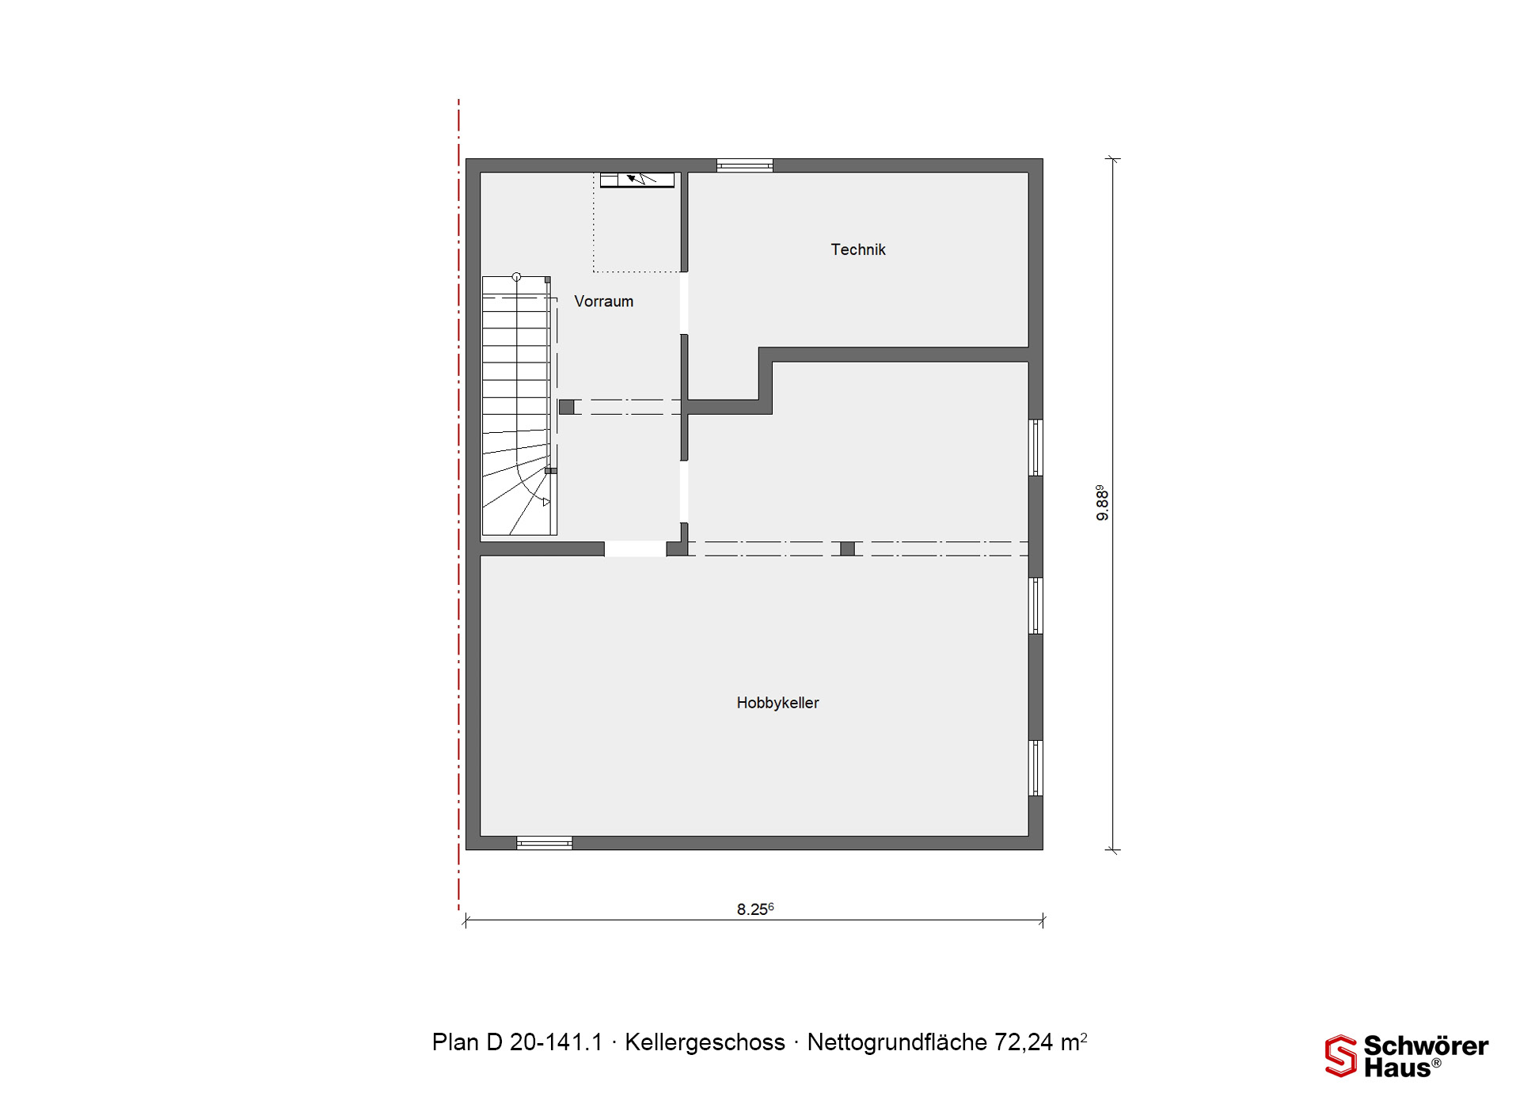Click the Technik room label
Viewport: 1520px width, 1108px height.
(x=858, y=250)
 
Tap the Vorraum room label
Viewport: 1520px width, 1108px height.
(x=604, y=302)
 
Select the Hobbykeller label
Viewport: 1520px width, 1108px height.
(x=777, y=703)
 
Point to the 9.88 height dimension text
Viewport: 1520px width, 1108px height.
(x=1101, y=503)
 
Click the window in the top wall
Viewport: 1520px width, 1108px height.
(x=745, y=165)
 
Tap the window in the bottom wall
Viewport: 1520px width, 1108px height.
(x=545, y=844)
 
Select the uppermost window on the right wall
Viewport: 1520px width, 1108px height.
(x=1035, y=447)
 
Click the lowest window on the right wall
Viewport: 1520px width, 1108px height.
(x=1035, y=768)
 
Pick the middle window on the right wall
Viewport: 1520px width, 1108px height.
(x=1035, y=605)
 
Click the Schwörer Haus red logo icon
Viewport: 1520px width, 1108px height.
(x=1341, y=1056)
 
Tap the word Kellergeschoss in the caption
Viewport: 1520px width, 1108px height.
(x=705, y=1042)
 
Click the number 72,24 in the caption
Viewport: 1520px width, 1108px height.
(x=1024, y=1042)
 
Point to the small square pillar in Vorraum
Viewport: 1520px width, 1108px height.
(x=567, y=407)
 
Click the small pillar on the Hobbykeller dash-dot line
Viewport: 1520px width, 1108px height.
(x=847, y=548)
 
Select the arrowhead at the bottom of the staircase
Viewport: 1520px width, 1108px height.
(x=545, y=502)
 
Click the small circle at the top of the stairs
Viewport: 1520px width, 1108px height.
(x=517, y=277)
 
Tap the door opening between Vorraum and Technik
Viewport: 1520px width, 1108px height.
(x=684, y=303)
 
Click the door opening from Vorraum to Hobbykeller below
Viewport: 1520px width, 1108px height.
(x=636, y=548)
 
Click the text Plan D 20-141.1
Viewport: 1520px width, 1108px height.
(x=518, y=1042)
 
